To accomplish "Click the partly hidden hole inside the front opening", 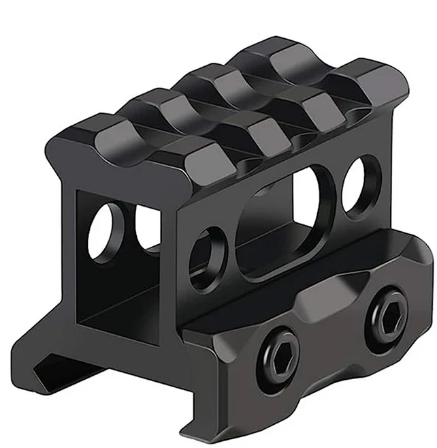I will (146, 226).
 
